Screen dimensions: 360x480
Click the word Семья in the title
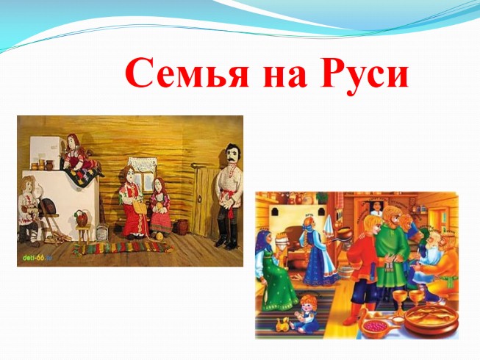[x=187, y=74]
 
